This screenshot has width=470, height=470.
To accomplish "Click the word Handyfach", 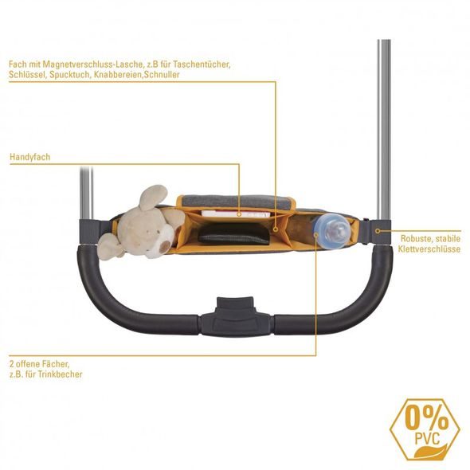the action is (x=30, y=157).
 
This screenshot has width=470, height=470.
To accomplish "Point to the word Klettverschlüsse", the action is (x=429, y=249).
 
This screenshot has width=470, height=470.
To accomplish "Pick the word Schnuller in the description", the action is (x=162, y=75).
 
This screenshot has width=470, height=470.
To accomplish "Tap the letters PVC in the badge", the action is (x=427, y=439).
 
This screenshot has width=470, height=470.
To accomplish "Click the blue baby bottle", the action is (x=331, y=231).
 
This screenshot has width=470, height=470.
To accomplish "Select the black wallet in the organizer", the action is (x=234, y=233).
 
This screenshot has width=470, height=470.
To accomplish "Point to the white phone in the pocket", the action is (x=236, y=213).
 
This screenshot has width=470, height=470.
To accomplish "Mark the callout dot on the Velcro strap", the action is (x=378, y=231).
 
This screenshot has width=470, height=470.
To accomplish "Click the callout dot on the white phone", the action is (x=239, y=214).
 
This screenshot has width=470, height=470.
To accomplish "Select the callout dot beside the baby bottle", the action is (x=316, y=235).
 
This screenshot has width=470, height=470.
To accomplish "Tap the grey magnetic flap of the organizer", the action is (x=236, y=202).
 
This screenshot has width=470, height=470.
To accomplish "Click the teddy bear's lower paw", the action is (x=109, y=246).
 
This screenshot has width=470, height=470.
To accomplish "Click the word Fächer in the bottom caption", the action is (x=57, y=364).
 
